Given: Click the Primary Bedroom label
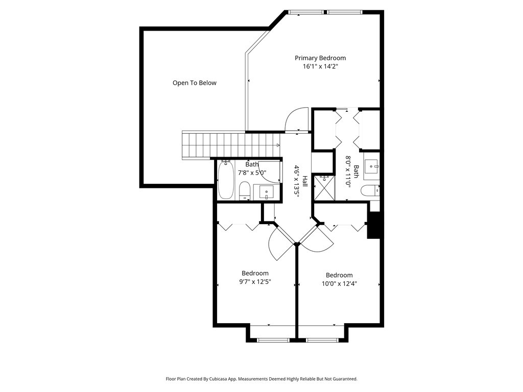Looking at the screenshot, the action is point(320,58).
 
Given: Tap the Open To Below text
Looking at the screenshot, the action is point(195,83).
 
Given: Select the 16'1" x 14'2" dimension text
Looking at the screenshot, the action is point(320,66).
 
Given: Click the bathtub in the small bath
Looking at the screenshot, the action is point(226,180).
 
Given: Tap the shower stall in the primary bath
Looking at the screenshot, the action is point(324,188).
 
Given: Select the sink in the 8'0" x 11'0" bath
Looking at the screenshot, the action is point(371,166).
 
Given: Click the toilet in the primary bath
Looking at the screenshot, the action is point(370,191).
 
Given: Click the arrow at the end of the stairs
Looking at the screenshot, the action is point(277,145).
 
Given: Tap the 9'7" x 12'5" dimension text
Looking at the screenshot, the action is point(255,282).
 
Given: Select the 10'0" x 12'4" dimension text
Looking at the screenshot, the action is point(339,284).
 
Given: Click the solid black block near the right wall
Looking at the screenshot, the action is point(373,225).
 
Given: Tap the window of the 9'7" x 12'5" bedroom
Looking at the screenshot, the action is point(273,340).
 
